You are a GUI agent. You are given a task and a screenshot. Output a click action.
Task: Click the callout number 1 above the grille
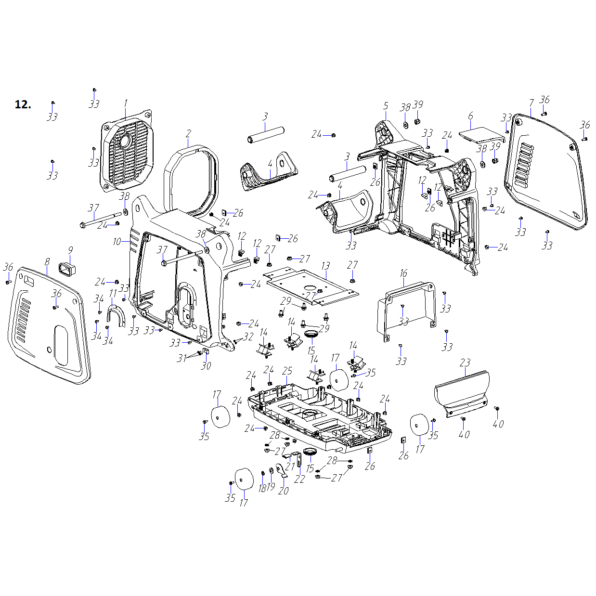point(126,104)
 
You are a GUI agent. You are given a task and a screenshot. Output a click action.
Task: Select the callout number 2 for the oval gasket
point(188,133)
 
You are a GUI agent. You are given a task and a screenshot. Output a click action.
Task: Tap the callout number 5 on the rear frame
point(386,106)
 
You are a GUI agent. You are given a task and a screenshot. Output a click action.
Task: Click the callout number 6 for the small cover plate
point(470,116)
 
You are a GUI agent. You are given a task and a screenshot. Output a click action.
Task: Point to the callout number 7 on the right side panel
point(531,103)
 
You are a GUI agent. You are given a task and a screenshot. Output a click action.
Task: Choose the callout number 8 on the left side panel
point(47,262)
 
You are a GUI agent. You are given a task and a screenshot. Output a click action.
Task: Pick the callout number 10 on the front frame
point(117,242)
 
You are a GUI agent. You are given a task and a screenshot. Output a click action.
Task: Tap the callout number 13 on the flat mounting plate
point(326,266)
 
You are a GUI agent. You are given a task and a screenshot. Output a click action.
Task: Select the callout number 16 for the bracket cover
point(403,273)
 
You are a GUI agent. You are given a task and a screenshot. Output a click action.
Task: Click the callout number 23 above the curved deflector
point(465,363)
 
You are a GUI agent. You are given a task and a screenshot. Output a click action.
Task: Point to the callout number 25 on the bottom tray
point(287,371)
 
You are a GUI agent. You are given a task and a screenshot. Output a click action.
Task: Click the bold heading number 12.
point(23,104)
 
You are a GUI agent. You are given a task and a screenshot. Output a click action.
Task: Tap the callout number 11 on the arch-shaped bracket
point(113,294)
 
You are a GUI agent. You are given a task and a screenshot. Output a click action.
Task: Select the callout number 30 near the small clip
point(206,366)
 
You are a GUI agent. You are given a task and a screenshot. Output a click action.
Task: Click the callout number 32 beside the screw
point(248,337)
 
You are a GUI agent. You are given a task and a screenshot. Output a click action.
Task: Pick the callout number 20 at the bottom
point(283,491)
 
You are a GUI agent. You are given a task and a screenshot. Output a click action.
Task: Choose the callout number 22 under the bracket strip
point(299,479)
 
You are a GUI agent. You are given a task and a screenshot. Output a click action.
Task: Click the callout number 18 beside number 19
point(261,488)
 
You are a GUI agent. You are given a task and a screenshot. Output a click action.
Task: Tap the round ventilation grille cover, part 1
point(126,152)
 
